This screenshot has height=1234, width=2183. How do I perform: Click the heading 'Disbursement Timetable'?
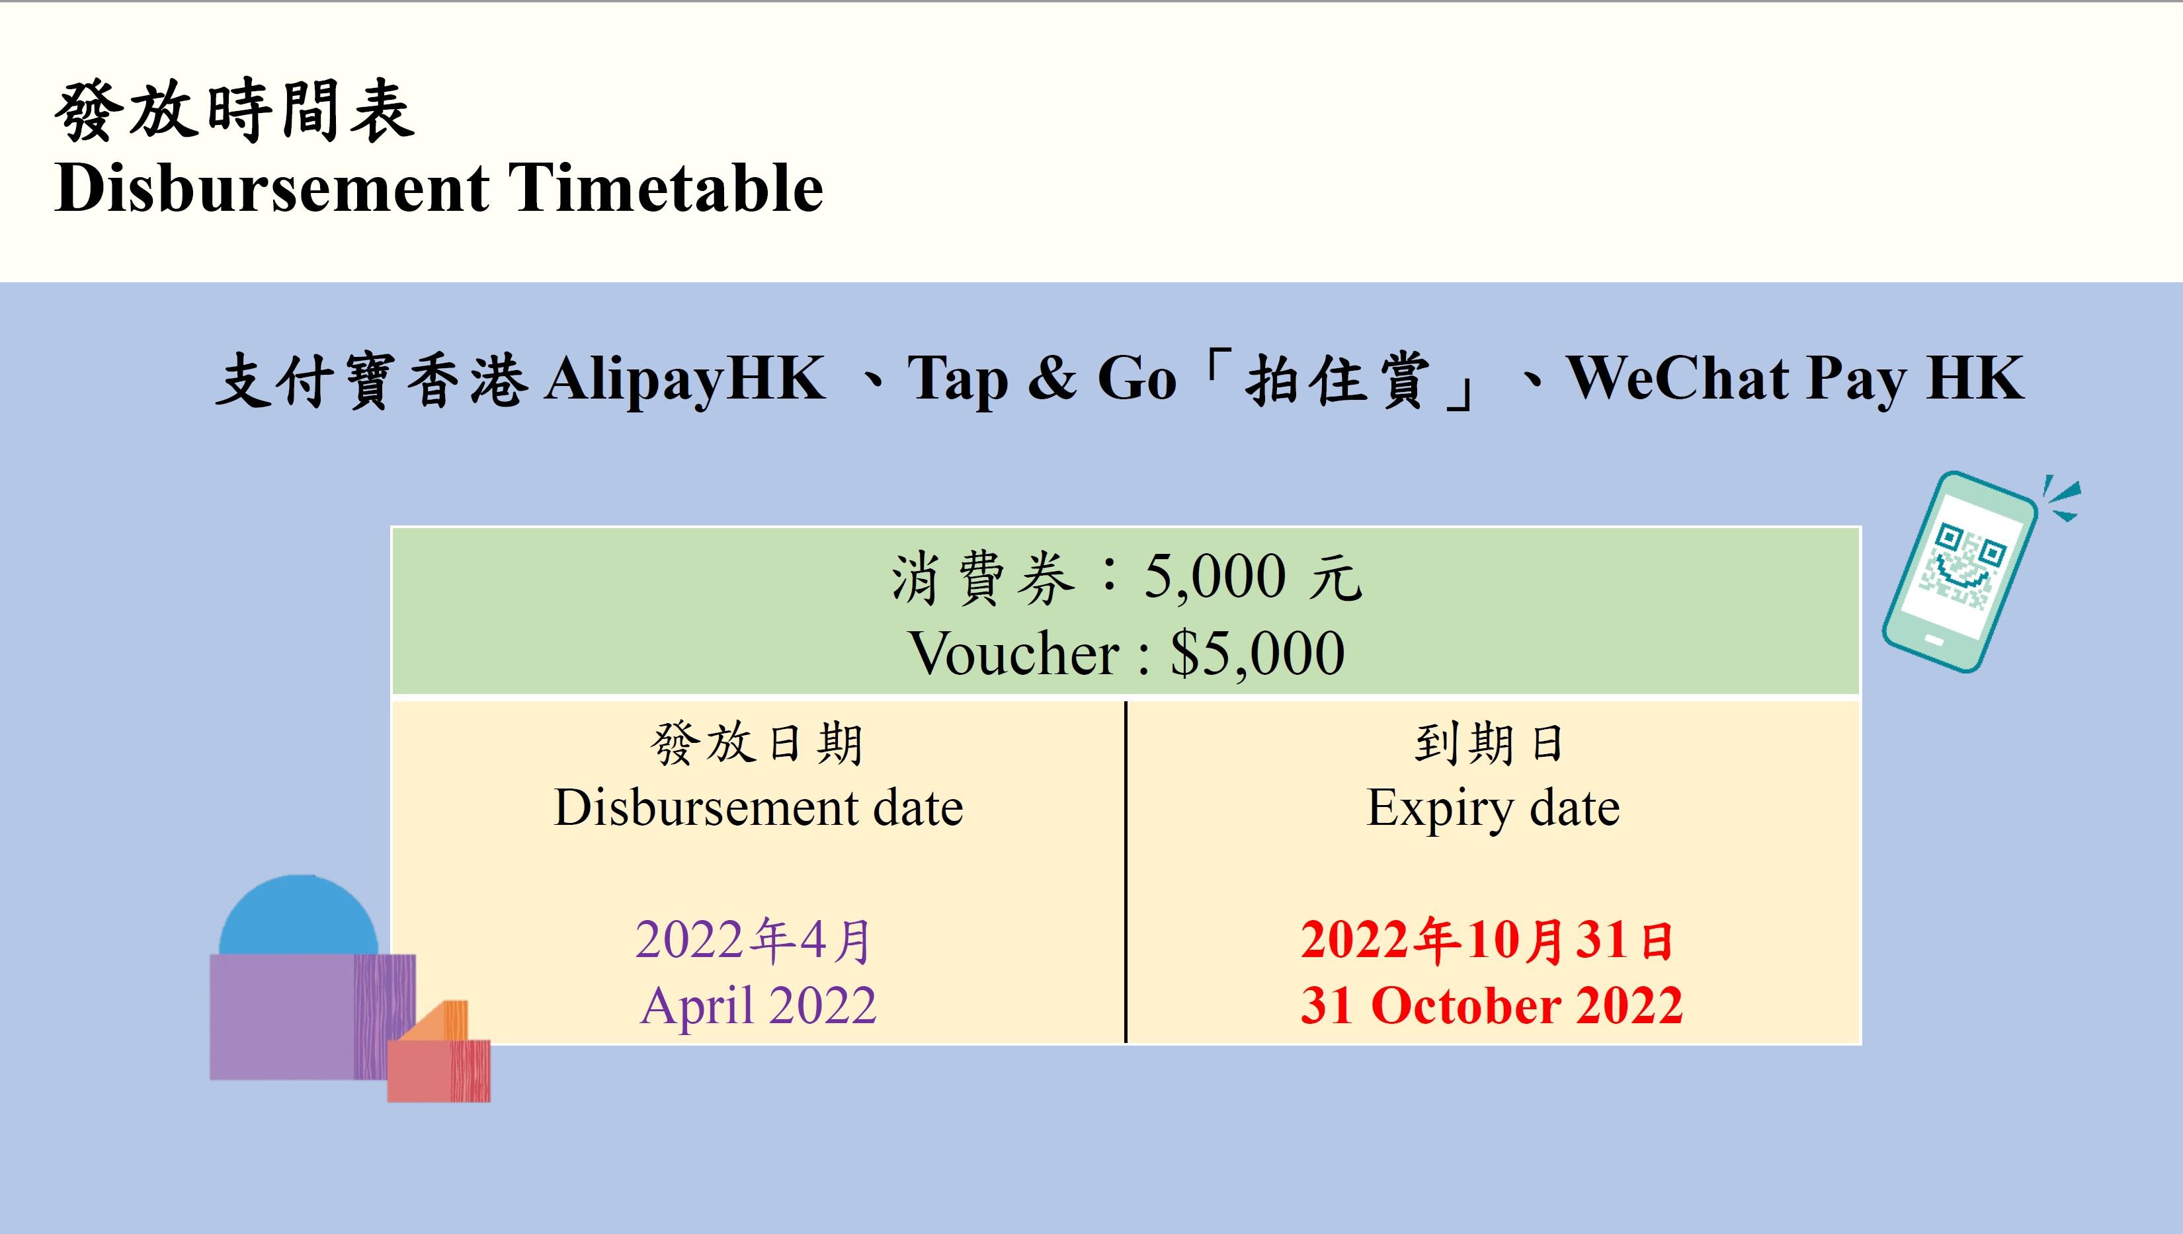438,188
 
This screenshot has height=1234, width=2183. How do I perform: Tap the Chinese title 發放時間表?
234,110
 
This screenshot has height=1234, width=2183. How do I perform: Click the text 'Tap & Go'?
1042,378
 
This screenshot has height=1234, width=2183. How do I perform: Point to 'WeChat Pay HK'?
1795,378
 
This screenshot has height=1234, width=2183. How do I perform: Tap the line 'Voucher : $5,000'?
1126,654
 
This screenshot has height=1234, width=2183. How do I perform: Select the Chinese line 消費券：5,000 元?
1126,579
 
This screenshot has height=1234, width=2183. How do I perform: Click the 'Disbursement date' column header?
758,807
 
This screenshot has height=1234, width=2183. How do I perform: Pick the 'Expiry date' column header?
1493,807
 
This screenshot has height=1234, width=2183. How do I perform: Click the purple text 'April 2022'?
758,1006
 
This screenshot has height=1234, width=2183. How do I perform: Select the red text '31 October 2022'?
1491,1006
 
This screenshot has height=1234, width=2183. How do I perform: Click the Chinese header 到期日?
1489,744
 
